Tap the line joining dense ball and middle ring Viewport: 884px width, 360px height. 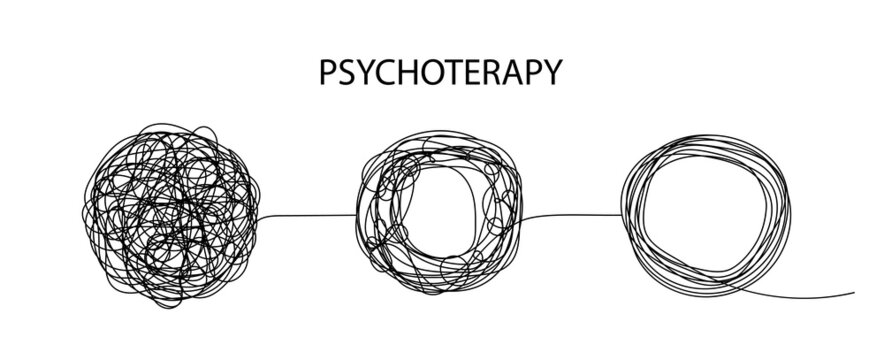coord(310,213)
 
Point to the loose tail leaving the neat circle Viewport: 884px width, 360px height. coord(820,294)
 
